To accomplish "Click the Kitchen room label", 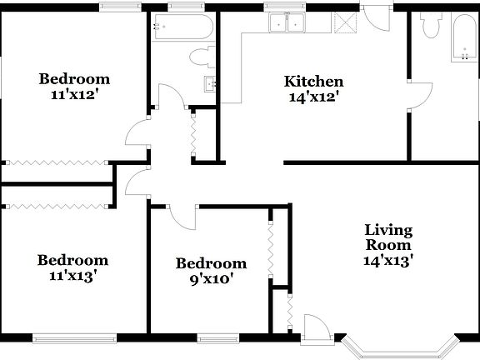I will (313, 82).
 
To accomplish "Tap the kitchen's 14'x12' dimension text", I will (313, 97).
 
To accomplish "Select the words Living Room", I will (388, 237).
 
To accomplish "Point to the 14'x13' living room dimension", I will (388, 260).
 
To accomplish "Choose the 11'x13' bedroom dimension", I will (72, 276).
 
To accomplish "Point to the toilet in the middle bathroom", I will (200, 57).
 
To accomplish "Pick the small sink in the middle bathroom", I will (210, 83).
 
